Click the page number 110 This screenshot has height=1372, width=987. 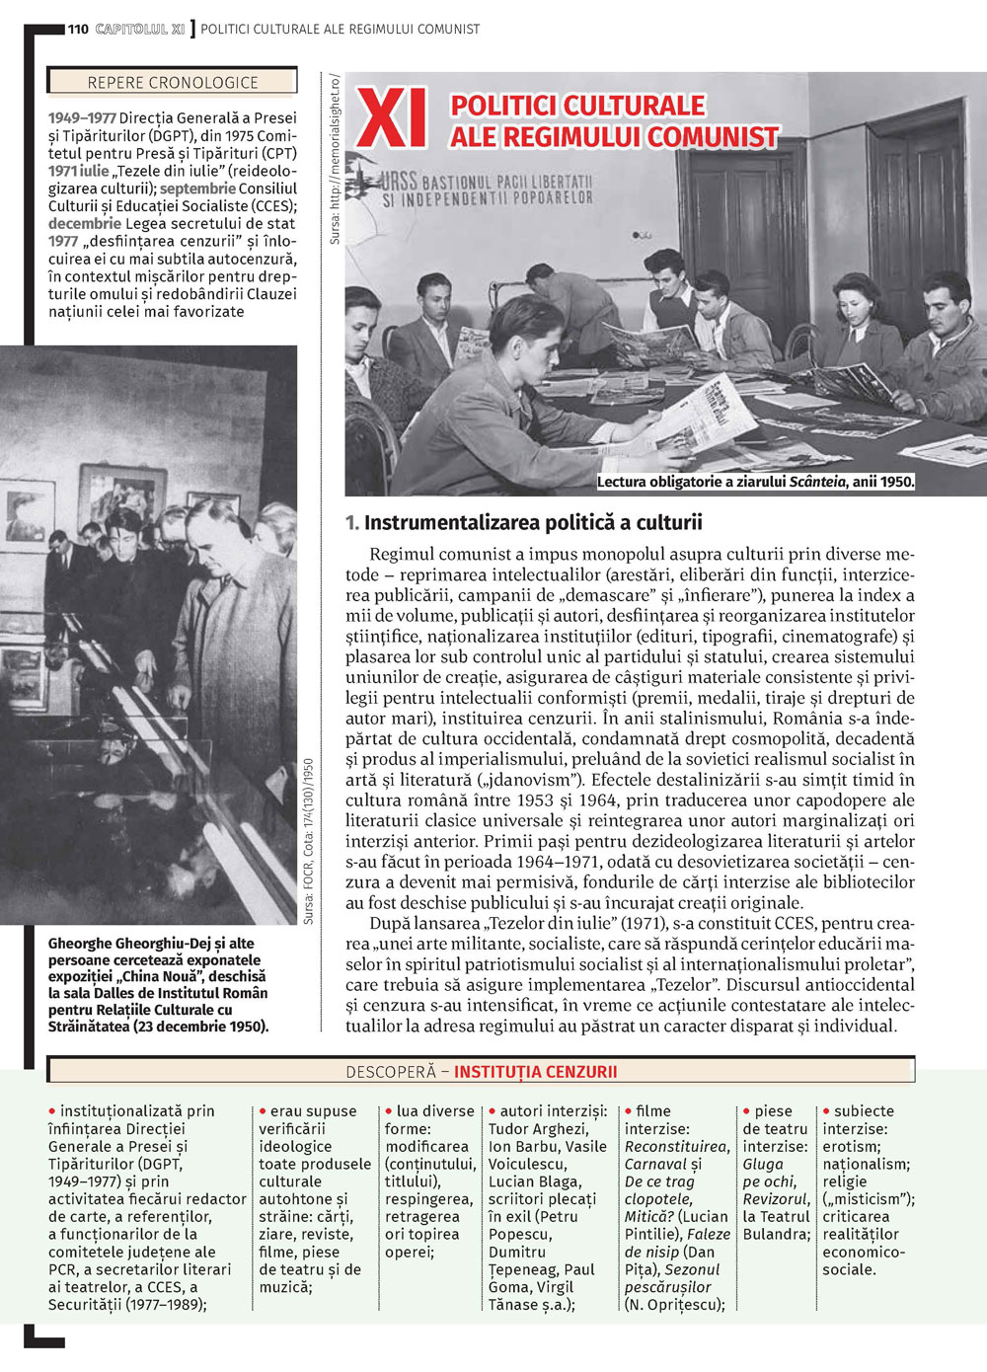click(x=78, y=29)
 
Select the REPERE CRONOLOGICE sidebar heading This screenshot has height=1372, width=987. click(x=173, y=83)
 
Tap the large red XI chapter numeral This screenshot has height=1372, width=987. click(x=392, y=120)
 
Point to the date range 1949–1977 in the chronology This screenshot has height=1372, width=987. click(x=82, y=118)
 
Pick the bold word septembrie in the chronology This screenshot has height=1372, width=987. click(x=197, y=189)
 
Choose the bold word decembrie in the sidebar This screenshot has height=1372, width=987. click(x=85, y=224)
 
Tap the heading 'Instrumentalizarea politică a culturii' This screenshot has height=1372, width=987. click(x=533, y=523)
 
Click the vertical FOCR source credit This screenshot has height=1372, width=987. click(x=309, y=841)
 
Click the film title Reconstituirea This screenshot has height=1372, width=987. click(x=677, y=1147)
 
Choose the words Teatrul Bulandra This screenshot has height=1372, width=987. click(x=777, y=1225)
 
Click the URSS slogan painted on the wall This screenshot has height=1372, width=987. click(x=489, y=190)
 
